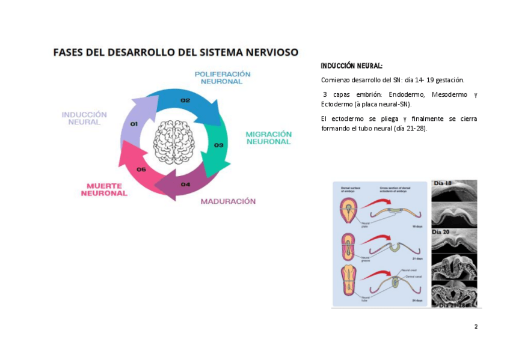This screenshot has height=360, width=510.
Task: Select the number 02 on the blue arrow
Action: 185,100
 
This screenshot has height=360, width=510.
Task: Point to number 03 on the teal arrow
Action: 219,145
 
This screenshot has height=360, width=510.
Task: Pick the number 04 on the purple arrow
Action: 185,184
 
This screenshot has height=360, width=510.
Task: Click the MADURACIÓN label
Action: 228,201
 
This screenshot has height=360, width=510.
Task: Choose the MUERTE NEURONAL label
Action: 104,189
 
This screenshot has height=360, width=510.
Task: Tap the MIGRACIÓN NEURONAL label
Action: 268,138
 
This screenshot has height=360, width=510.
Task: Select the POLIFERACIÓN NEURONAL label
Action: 222,78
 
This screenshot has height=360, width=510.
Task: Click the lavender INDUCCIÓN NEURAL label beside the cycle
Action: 84,118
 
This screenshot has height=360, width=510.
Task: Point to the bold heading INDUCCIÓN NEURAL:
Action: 351,66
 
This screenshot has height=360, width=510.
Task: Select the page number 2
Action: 476,326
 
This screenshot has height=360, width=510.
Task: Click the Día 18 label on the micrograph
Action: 443,183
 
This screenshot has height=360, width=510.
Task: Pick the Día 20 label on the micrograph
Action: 441,232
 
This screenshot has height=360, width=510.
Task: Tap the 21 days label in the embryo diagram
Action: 417,258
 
